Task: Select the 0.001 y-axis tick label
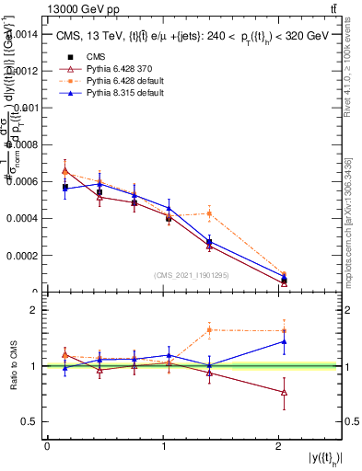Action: pyautogui.click(x=27, y=108)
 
